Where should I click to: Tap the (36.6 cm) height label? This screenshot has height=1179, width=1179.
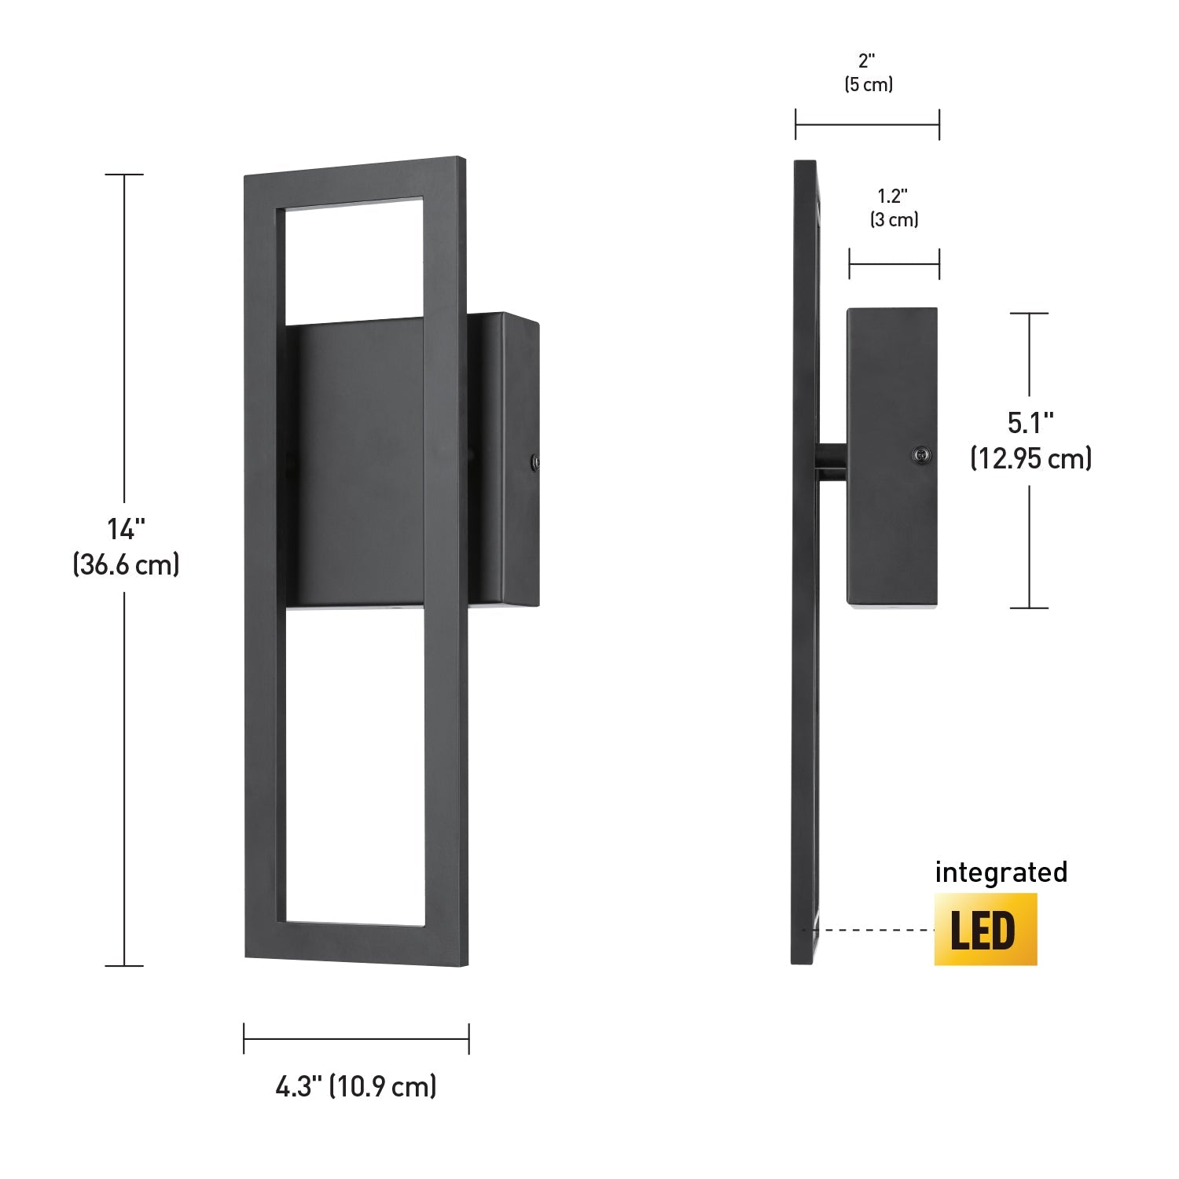(126, 564)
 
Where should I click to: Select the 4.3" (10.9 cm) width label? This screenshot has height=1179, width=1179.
(356, 1087)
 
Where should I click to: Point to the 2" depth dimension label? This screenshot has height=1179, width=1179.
(867, 61)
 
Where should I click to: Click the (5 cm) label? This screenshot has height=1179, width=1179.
(869, 85)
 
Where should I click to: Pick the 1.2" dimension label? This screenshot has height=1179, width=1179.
(894, 196)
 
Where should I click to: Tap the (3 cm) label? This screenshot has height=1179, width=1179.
(894, 219)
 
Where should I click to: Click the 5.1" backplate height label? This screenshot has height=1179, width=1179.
(1030, 424)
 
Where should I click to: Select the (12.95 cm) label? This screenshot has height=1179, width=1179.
(1030, 457)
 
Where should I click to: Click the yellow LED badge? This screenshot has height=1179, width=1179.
(986, 930)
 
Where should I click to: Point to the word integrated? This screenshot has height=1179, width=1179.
(1001, 872)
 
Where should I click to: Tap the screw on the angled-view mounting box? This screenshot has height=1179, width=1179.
(534, 462)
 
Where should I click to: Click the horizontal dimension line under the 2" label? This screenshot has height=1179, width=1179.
(867, 124)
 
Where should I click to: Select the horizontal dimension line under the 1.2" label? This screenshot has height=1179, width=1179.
(894, 264)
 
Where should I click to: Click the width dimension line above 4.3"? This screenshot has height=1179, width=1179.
(356, 1038)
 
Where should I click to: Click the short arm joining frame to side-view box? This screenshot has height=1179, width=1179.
(832, 464)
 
